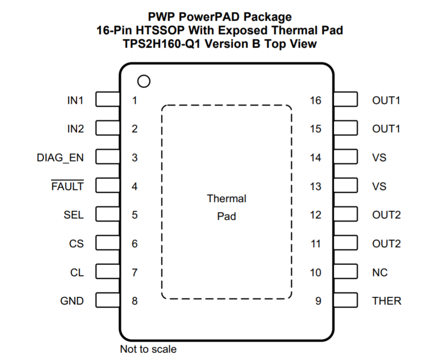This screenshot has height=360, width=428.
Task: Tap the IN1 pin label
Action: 75,100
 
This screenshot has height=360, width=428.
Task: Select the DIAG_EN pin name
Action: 60,158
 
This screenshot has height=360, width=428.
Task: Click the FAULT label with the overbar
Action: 67,186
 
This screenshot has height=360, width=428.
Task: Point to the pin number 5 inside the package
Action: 135,215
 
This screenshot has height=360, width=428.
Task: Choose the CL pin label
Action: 76,273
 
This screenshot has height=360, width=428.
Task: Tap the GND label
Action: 72,301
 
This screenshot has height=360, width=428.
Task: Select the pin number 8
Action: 135,301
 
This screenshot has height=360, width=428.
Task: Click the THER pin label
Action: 386,301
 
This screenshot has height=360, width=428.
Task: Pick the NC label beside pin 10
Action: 379,273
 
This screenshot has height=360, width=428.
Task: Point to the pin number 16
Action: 315,100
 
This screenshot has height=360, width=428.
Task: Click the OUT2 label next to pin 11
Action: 386,244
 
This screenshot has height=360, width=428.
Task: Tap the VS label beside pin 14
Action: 379,158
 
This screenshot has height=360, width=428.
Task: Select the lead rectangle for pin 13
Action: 346,186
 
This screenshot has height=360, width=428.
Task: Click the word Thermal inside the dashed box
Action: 227,198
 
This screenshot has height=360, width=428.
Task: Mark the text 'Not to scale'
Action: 148,349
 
